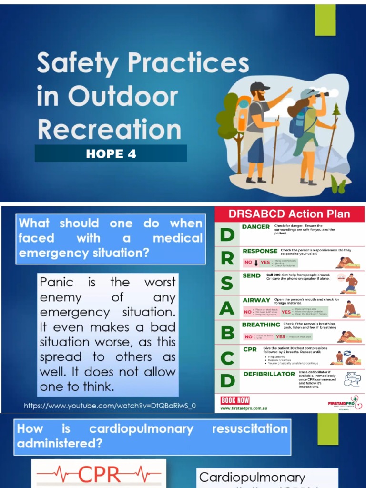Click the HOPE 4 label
point(111,154)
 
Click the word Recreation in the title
point(109,129)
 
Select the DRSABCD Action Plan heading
point(289,214)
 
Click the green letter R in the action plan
point(227,258)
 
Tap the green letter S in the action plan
point(227,283)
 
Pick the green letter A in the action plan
point(227,308)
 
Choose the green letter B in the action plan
point(227,333)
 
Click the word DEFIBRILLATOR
point(269,374)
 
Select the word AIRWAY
point(256,300)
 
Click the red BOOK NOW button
point(235,400)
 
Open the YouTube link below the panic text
point(110,406)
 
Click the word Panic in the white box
point(57,282)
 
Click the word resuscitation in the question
point(250,428)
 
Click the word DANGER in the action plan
point(256,227)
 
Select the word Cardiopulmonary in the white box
point(252,477)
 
